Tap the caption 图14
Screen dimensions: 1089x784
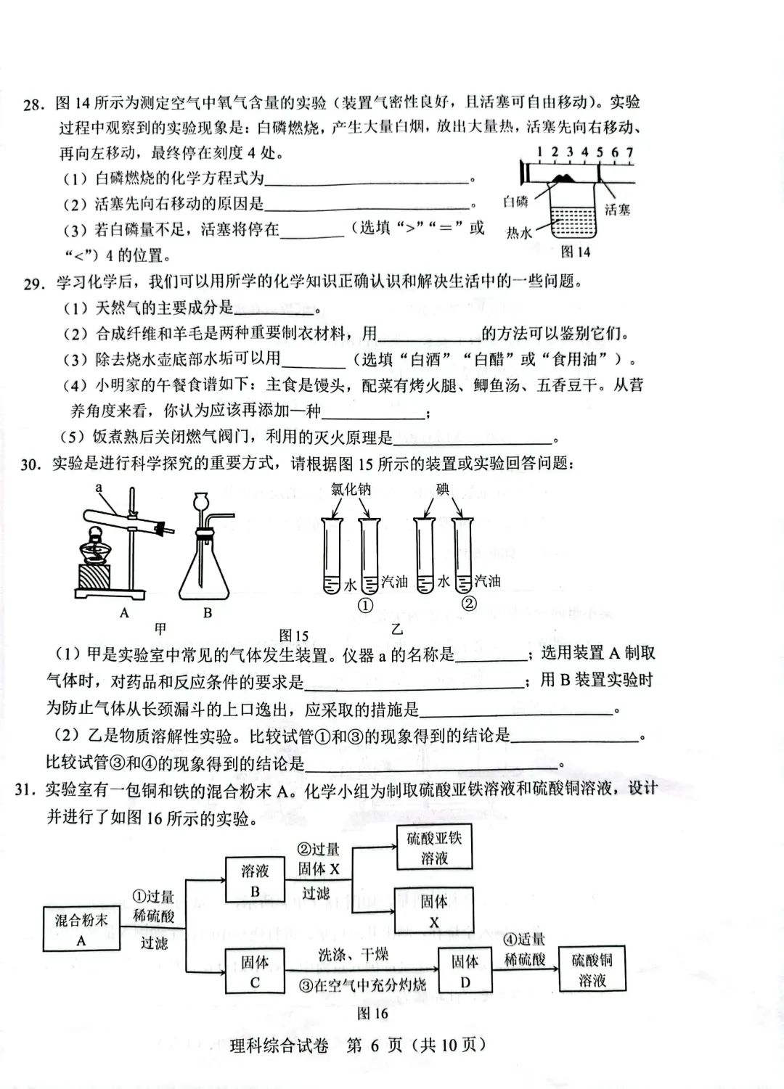pos(576,252)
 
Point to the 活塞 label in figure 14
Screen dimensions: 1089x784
pos(617,210)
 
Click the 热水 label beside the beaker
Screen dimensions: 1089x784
pos(520,232)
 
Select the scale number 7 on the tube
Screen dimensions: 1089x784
pos(629,152)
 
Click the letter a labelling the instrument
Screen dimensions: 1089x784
pos(99,489)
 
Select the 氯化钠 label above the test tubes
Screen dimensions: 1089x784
pos(351,490)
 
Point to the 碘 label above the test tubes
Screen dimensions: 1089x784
pos(443,490)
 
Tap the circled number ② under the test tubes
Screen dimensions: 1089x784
pos(469,603)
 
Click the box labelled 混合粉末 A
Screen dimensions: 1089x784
pos(81,929)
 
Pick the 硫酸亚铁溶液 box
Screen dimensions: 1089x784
pos(434,848)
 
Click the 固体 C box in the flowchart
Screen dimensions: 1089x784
pos(254,971)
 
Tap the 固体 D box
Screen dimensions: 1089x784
pos(465,971)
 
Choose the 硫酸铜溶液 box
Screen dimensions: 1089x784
pos(592,970)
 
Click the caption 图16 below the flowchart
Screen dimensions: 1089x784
pos(372,1013)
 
